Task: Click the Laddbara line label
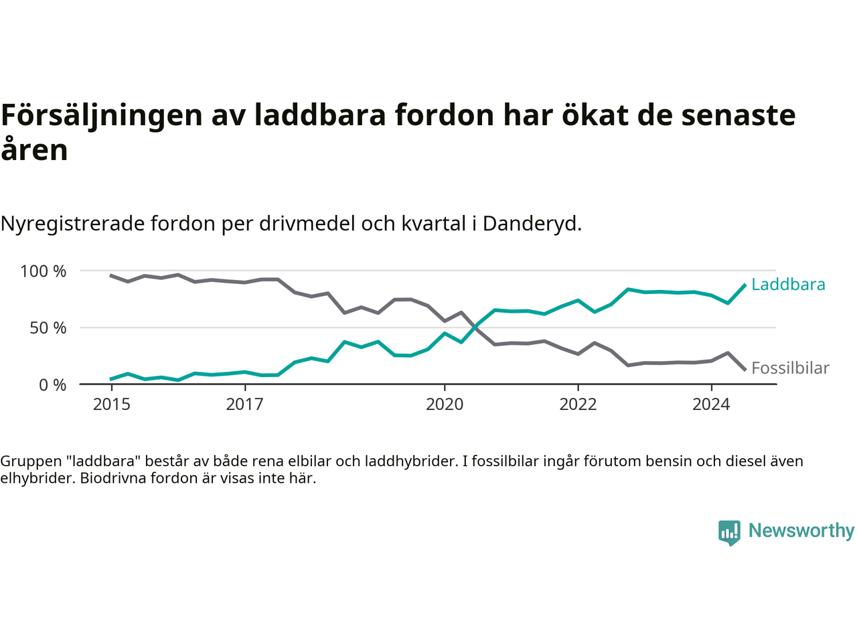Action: (x=788, y=285)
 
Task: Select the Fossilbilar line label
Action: (x=790, y=368)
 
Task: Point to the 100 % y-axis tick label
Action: (x=44, y=271)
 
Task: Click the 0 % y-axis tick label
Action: (x=52, y=385)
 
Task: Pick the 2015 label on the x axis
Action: (x=112, y=405)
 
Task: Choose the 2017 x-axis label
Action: (x=245, y=405)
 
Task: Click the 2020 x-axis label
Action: (x=445, y=405)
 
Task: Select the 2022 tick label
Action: (x=578, y=405)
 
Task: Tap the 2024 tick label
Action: (x=711, y=405)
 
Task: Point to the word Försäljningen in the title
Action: (x=102, y=115)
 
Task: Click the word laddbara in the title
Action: (x=320, y=115)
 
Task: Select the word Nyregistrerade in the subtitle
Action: (x=72, y=224)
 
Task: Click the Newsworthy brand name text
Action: (x=801, y=530)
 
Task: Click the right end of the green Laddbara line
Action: (x=745, y=285)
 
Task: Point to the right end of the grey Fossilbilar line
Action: (x=745, y=369)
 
